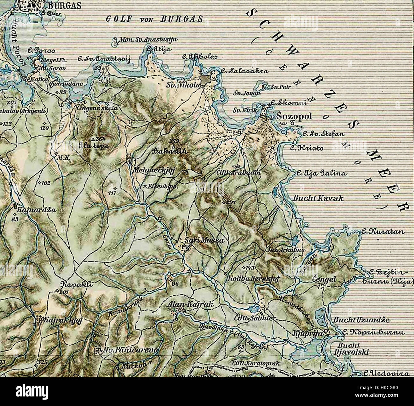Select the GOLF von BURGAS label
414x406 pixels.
tap(154, 19)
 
